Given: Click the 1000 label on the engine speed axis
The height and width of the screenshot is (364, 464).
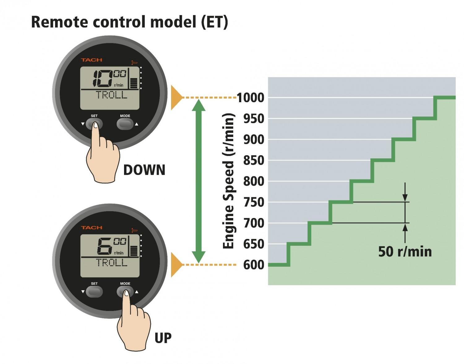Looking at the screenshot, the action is pyautogui.click(x=251, y=98).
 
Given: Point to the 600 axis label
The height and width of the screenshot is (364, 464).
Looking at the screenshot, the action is pyautogui.click(x=254, y=265).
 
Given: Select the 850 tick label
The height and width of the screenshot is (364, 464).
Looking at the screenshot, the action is pyautogui.click(x=254, y=160).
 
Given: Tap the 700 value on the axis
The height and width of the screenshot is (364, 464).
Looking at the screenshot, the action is pyautogui.click(x=254, y=223).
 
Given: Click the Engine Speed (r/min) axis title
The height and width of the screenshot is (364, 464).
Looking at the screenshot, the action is pyautogui.click(x=229, y=181).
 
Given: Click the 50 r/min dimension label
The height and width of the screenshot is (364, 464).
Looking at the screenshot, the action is pyautogui.click(x=405, y=252).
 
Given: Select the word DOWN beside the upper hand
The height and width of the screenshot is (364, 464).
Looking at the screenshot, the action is pyautogui.click(x=144, y=170).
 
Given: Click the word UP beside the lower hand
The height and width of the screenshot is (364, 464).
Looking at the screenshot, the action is pyautogui.click(x=163, y=338).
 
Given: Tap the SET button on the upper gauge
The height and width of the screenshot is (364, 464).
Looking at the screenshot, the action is pyautogui.click(x=94, y=124).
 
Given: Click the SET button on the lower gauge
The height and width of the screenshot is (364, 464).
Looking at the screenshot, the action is pyautogui.click(x=94, y=292).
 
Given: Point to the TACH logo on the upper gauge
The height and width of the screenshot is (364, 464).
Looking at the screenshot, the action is pyautogui.click(x=91, y=60).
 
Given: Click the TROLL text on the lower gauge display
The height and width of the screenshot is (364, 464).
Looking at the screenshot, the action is pyautogui.click(x=112, y=262).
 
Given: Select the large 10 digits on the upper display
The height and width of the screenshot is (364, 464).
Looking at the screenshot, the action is pyautogui.click(x=102, y=79).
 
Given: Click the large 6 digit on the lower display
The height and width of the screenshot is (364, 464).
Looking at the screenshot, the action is pyautogui.click(x=105, y=246).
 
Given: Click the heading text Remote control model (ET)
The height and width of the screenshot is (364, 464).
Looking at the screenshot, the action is pyautogui.click(x=130, y=22).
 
